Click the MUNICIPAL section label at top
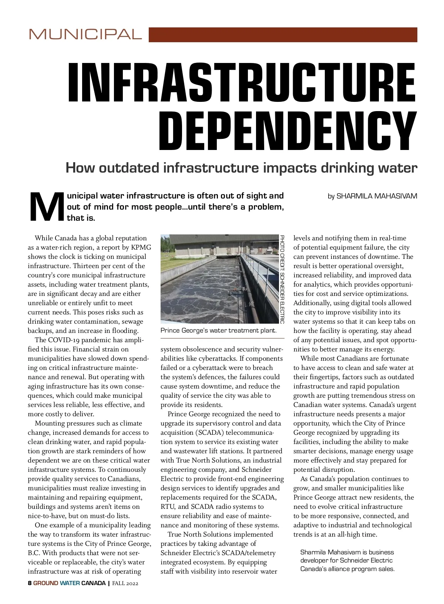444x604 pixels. pos(85,34)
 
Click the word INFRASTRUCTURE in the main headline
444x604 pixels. pos(242,83)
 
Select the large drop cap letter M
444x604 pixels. pos(46,207)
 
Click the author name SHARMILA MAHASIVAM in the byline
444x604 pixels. pos(377,196)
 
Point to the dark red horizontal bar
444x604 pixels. pos(283,35)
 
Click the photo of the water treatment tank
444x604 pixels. pos(218,279)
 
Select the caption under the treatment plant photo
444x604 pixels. pos(218,330)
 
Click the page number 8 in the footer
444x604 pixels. pos(30,583)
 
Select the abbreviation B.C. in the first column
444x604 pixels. pos(34,553)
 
